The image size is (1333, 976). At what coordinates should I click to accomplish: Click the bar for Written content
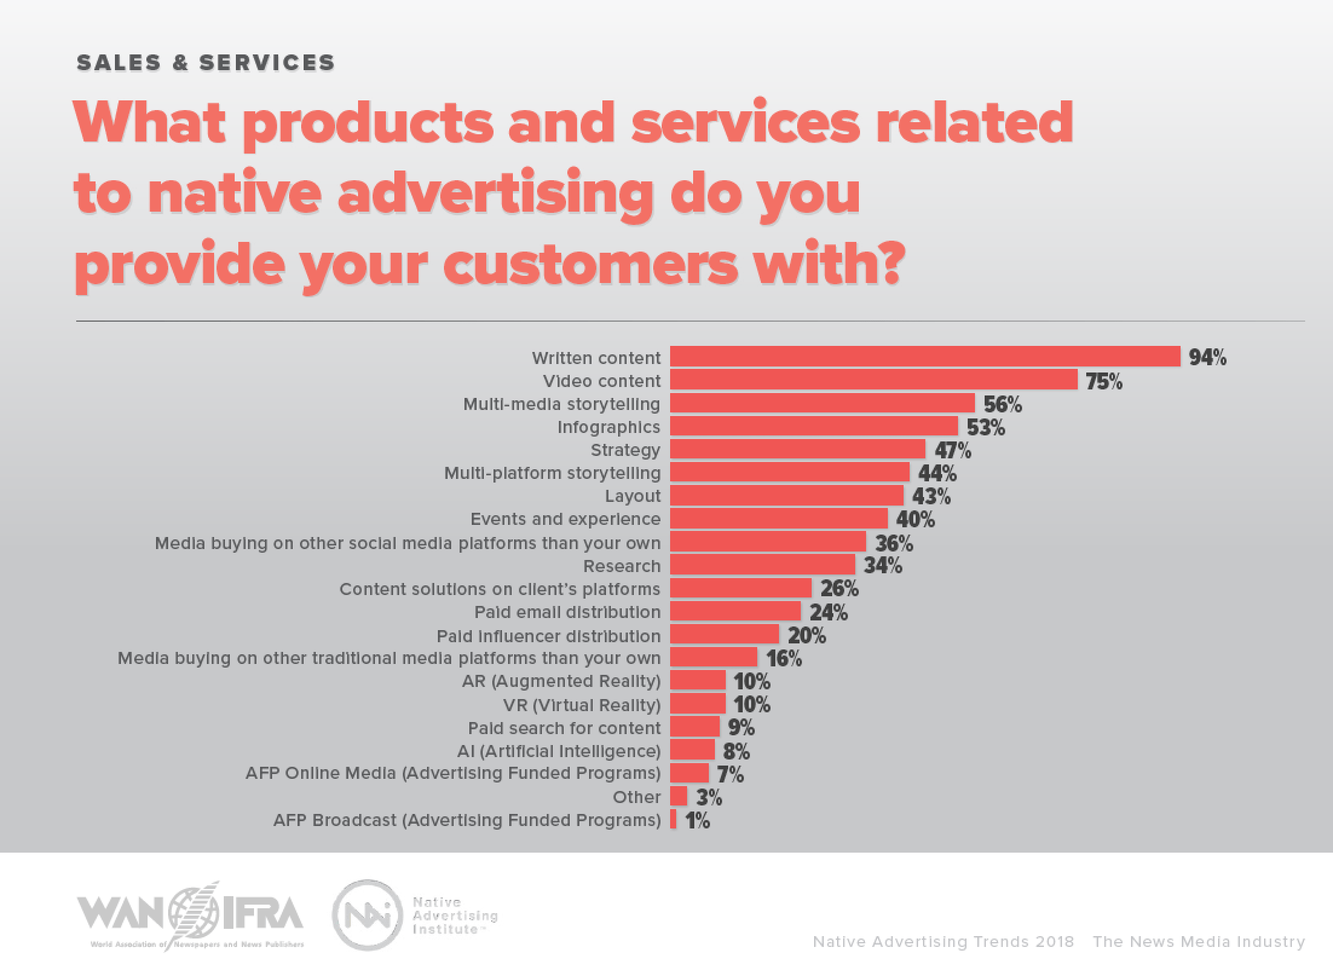(x=925, y=357)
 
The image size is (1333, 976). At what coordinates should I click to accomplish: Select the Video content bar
(x=873, y=380)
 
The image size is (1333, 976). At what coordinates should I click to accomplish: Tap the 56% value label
(x=1002, y=405)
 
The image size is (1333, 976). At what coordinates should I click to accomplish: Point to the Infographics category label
(x=608, y=427)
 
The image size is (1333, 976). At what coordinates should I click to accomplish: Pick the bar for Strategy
(x=797, y=449)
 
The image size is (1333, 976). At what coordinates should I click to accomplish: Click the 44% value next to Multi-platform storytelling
(x=937, y=473)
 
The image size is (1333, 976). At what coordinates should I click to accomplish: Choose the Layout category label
(x=633, y=496)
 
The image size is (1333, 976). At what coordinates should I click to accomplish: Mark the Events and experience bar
(x=778, y=518)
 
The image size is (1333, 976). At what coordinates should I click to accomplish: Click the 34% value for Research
(x=882, y=566)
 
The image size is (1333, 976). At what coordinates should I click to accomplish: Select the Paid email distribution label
(x=567, y=612)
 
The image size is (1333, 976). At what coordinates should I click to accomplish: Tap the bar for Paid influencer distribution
(x=724, y=634)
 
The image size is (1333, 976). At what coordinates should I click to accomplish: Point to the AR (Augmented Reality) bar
(x=697, y=680)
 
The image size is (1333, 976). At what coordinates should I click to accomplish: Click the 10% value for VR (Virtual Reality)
(x=752, y=705)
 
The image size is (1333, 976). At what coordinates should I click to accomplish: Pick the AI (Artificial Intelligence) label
(x=558, y=751)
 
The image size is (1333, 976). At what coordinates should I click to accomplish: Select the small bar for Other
(x=678, y=796)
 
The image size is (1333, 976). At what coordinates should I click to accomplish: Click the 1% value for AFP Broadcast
(x=697, y=821)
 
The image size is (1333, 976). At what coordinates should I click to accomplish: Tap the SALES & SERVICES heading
(x=206, y=63)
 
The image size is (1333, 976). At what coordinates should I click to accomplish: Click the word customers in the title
(x=591, y=264)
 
